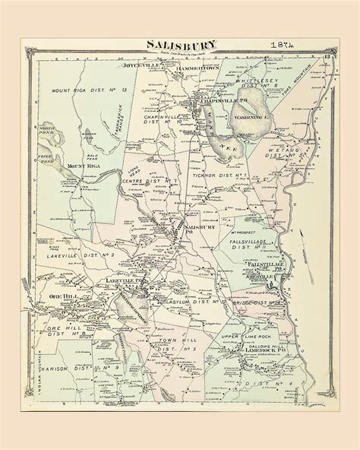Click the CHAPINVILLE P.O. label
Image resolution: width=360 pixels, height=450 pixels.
[x=217, y=100]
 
